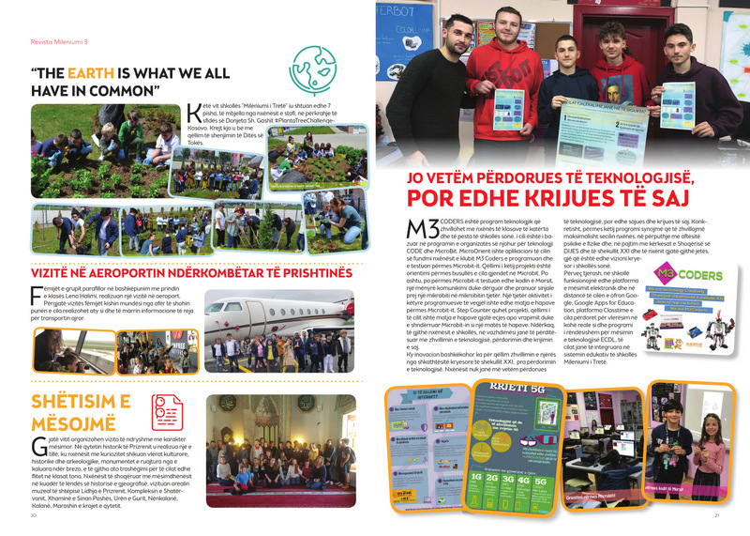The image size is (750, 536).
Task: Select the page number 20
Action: [x=34, y=515]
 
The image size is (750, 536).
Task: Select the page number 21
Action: [x=716, y=515]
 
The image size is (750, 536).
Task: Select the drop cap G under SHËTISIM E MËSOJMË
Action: [x=37, y=445]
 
